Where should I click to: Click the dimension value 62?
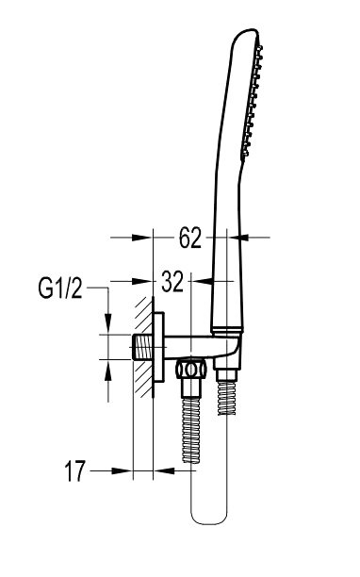[190, 238]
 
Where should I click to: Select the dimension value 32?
[172, 282]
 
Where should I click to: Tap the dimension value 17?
[75, 470]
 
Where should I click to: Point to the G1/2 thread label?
[60, 288]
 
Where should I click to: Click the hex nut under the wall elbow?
[191, 369]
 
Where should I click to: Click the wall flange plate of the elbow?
[159, 347]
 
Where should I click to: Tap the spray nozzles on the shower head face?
[253, 100]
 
